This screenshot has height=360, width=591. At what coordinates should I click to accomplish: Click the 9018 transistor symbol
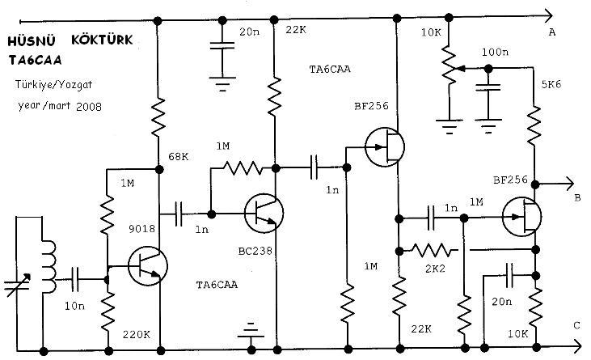pyautogui.click(x=148, y=266)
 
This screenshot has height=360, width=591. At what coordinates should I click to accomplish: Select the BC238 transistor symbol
pyautogui.click(x=264, y=214)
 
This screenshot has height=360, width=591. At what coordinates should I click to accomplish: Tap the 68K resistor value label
pyautogui.click(x=179, y=156)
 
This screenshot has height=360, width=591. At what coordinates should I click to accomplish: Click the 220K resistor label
pyautogui.click(x=136, y=334)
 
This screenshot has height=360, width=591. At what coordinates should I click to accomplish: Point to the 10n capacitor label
pyautogui.click(x=74, y=306)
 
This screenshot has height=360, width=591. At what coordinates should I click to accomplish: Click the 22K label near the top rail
pyautogui.click(x=296, y=30)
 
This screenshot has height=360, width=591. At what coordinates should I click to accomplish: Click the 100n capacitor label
pyautogui.click(x=495, y=52)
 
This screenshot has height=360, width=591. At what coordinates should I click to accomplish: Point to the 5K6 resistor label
pyautogui.click(x=551, y=84)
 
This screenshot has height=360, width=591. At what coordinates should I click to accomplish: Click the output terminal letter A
pyautogui.click(x=552, y=32)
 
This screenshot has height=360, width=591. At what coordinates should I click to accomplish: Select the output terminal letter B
pyautogui.click(x=577, y=198)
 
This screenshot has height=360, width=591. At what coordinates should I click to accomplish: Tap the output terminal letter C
pyautogui.click(x=576, y=325)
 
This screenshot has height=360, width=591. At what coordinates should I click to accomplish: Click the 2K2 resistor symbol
pyautogui.click(x=431, y=250)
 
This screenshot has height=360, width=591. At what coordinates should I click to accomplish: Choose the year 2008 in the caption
pyautogui.click(x=89, y=107)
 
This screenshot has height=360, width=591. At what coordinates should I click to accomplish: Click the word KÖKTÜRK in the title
pyautogui.click(x=102, y=40)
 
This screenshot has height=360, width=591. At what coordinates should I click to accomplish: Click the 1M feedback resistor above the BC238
pyautogui.click(x=243, y=168)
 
